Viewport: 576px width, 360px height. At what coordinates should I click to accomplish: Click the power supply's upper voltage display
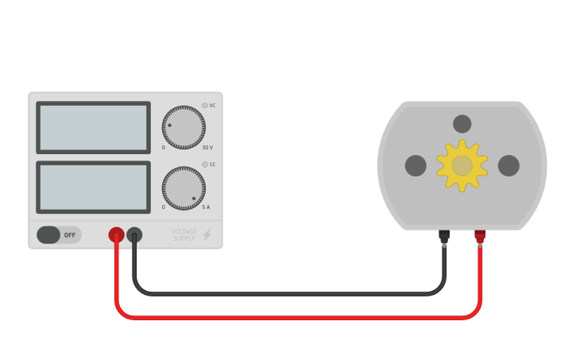(93, 127)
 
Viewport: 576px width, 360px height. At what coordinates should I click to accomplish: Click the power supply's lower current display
(93, 187)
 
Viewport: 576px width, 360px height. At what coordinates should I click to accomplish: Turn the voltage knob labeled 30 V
(184, 127)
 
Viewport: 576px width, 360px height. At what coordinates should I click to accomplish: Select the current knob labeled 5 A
(184, 188)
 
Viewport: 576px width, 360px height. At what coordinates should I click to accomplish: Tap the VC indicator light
(204, 105)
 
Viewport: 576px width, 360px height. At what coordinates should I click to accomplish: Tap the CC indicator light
(204, 165)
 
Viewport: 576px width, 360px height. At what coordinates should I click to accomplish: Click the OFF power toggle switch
(58, 235)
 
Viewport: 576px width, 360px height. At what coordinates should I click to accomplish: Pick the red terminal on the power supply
(116, 234)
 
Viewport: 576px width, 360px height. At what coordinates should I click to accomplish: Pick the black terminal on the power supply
(134, 234)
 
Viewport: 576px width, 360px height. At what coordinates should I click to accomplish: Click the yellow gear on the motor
(462, 165)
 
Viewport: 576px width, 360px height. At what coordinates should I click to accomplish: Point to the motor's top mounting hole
(462, 124)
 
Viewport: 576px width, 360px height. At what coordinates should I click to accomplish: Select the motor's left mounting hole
(416, 165)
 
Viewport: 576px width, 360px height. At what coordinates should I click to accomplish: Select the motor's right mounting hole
(508, 165)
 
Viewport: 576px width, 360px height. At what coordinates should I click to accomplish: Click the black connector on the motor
(444, 236)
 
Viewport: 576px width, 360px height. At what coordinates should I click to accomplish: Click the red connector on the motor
(480, 236)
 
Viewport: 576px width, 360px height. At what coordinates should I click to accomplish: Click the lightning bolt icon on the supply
(207, 235)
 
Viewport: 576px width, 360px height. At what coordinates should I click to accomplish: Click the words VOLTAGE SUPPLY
(184, 235)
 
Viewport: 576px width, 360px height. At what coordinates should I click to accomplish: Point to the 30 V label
(207, 148)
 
